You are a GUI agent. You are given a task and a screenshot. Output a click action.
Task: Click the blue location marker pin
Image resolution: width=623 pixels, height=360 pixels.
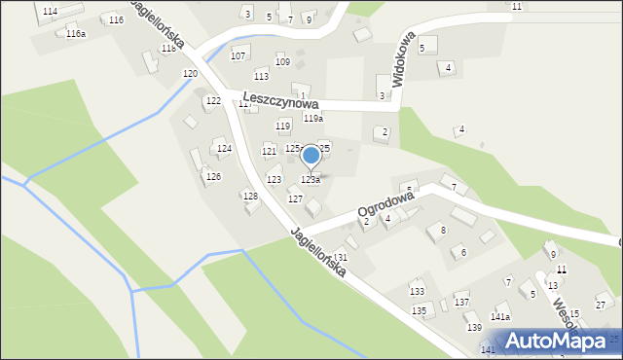pyautogui.click(x=311, y=156)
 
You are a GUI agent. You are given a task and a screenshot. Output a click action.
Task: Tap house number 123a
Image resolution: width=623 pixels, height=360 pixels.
pyautogui.click(x=311, y=180)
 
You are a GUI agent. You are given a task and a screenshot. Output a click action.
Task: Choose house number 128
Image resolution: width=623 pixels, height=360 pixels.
pyautogui.click(x=250, y=197)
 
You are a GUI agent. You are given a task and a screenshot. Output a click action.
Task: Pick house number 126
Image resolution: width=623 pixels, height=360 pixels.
pyautogui.click(x=213, y=176)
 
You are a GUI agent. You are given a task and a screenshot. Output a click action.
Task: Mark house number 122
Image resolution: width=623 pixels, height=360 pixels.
pyautogui.click(x=213, y=101)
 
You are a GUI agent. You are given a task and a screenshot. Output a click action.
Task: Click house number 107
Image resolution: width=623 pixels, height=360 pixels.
pyautogui.click(x=238, y=55)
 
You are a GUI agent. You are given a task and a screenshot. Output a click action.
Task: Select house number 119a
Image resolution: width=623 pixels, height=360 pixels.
pyautogui.click(x=312, y=119)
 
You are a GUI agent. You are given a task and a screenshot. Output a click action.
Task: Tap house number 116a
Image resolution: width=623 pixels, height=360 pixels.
pyautogui.click(x=76, y=34)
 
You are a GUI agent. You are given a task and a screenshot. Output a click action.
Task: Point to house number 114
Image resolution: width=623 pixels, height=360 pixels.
pyautogui.click(x=50, y=11)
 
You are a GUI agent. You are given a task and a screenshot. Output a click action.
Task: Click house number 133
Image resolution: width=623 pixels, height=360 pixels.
pyautogui.click(x=417, y=292)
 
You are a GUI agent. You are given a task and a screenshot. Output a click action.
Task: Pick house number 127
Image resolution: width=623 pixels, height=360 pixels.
pyautogui.click(x=295, y=198)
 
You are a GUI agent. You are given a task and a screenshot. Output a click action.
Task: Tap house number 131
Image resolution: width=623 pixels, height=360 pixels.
pyautogui.click(x=340, y=257)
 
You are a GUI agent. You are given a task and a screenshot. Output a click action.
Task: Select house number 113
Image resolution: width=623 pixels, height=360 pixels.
pyautogui.click(x=261, y=76)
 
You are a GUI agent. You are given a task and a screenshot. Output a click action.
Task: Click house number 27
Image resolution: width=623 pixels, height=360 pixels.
pyautogui.click(x=601, y=306)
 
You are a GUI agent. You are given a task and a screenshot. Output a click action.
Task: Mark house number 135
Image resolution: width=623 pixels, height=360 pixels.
pyautogui.click(x=419, y=310)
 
